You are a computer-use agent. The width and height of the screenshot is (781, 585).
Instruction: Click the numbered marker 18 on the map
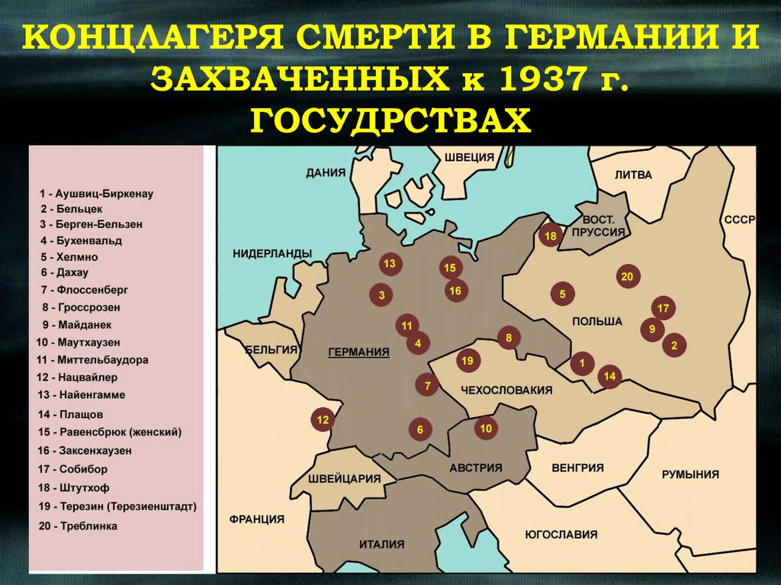(550, 236)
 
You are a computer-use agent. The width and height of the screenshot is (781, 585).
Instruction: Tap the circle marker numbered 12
(323, 419)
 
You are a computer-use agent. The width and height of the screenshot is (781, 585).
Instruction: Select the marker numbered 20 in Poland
(627, 277)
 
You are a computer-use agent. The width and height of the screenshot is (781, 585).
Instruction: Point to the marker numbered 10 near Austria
(485, 429)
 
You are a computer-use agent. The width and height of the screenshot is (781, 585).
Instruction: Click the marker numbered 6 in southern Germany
(419, 429)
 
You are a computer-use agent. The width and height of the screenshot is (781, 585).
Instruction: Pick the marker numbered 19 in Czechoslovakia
(468, 360)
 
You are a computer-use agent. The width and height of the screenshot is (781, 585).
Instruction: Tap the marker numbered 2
(674, 346)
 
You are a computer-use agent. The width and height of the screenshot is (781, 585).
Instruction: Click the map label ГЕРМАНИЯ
(358, 352)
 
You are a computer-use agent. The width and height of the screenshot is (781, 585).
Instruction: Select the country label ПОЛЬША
(597, 321)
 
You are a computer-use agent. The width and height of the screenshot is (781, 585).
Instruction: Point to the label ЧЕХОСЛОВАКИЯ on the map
(506, 390)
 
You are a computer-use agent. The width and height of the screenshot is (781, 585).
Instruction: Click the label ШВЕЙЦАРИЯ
(345, 478)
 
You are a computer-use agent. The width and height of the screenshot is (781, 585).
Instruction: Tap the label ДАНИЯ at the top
(326, 172)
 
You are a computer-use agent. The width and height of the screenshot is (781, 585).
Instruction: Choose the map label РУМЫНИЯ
(689, 474)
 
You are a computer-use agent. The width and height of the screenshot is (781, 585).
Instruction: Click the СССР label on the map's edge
(739, 220)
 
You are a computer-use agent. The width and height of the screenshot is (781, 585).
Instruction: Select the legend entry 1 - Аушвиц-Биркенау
(96, 194)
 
